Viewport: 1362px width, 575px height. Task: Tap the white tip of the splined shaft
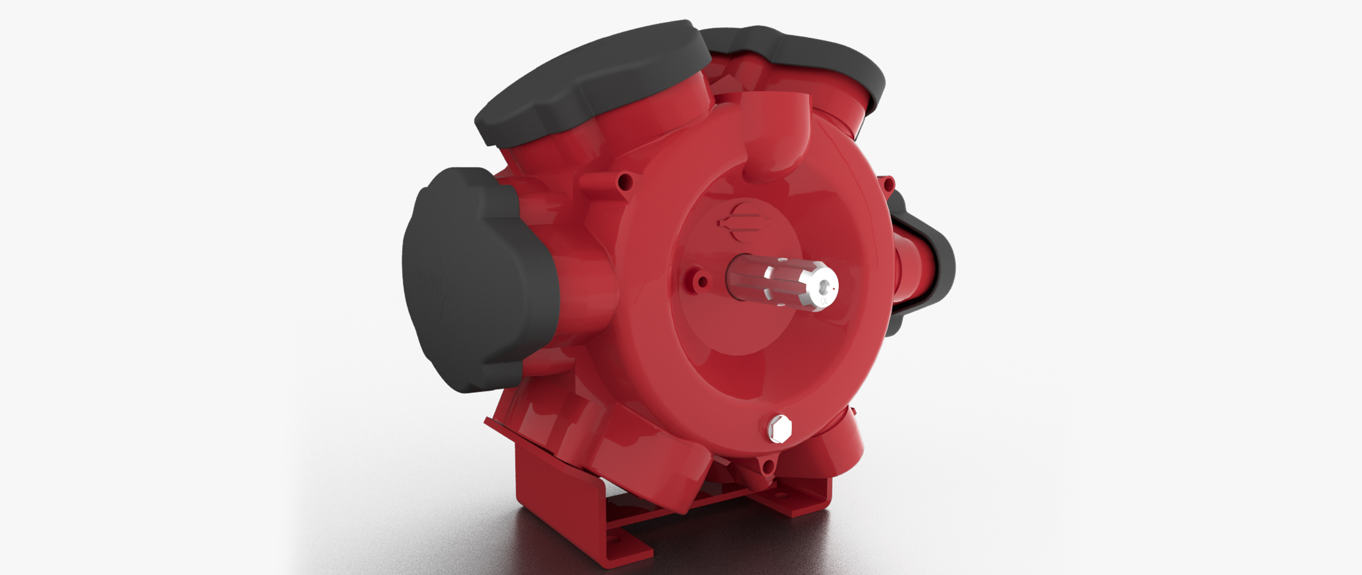[817, 287]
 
